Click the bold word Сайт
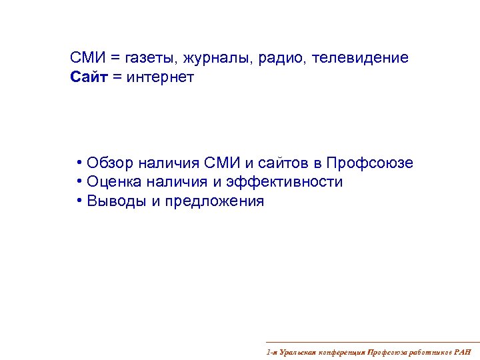(x=88, y=78)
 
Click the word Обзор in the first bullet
(x=110, y=163)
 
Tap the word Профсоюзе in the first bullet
(x=370, y=163)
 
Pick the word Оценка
(x=115, y=182)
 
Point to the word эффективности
(x=287, y=182)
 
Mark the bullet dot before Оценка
(x=79, y=182)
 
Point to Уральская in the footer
(x=297, y=351)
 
